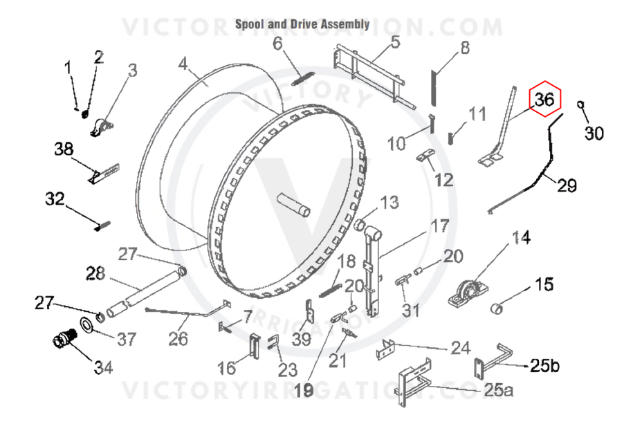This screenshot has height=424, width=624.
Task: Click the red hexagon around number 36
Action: click(545, 99)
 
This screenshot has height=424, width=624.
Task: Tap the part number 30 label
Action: click(594, 133)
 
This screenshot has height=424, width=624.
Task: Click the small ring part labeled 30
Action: click(580, 104)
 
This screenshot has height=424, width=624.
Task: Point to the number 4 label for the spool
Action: click(183, 64)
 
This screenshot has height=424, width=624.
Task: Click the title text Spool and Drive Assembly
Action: click(302, 24)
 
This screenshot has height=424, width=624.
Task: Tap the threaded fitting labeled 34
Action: click(65, 338)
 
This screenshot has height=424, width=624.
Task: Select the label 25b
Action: click(544, 365)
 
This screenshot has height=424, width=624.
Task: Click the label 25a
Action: click(499, 390)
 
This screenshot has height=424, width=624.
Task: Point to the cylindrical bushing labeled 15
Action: click(497, 308)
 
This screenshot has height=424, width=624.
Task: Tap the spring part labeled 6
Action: click(303, 78)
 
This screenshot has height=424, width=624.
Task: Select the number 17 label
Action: click(440, 226)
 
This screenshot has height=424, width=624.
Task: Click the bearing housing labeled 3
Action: click(102, 128)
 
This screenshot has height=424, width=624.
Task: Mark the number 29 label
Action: click(567, 185)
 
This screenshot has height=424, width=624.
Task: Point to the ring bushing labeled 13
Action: click(360, 225)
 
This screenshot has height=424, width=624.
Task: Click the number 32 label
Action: click(55, 199)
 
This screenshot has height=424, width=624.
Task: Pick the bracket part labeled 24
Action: click(385, 349)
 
